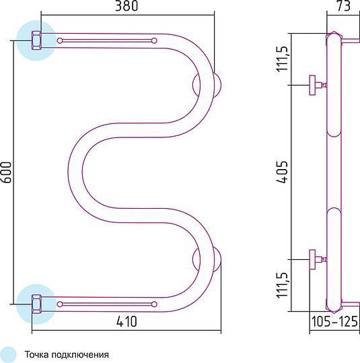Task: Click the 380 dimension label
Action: coord(127,5)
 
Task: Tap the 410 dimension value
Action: coord(127,321)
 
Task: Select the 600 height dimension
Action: coord(6,172)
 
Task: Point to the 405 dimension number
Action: coord(282,172)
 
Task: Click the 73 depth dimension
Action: coord(343,5)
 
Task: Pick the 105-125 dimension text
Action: coord(334,321)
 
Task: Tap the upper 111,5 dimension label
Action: coord(282,59)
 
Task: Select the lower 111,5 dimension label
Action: coord(282,286)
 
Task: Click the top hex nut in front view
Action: coord(36,40)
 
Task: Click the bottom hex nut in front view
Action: coord(36,304)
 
